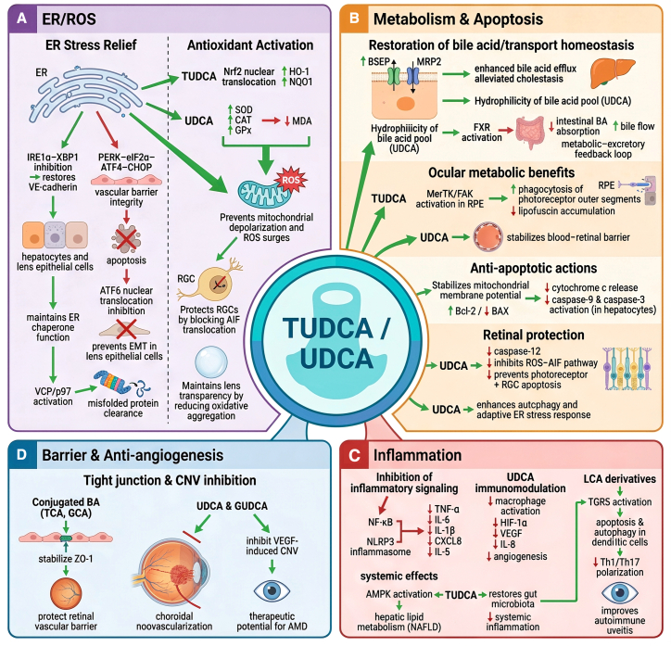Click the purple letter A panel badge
click(22, 19)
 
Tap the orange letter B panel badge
click(354, 19)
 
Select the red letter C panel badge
click(354, 455)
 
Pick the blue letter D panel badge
click(22, 455)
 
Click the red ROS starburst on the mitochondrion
click(291, 180)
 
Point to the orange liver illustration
click(613, 72)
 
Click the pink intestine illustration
click(531, 133)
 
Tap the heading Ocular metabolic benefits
click(501, 172)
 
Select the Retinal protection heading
click(533, 335)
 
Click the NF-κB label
click(380, 523)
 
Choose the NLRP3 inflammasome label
click(380, 547)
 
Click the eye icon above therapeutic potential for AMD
click(272, 591)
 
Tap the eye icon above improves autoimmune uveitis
click(620, 593)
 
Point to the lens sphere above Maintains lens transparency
click(211, 362)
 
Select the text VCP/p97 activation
click(53, 396)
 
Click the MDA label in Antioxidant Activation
click(302, 121)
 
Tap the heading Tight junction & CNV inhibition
click(170, 480)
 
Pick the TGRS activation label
click(620, 501)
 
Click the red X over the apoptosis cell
click(126, 239)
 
